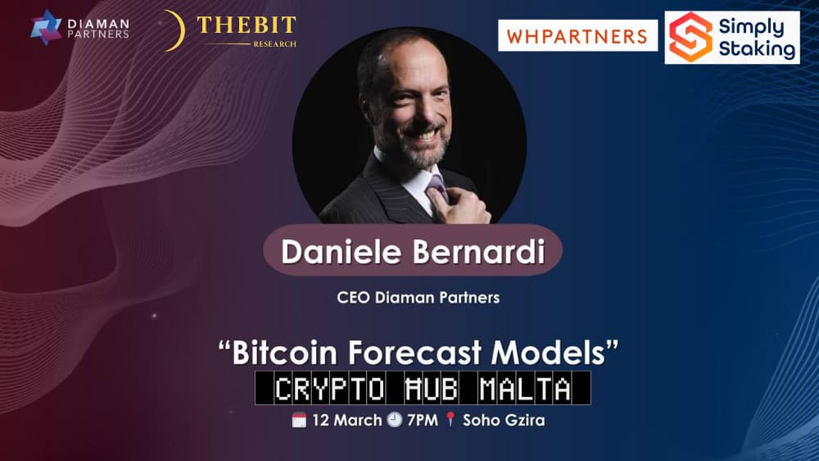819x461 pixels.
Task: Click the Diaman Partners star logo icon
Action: pos(46,26)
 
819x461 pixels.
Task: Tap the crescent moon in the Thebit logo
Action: pos(171,30)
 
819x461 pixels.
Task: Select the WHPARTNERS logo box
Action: pos(577,36)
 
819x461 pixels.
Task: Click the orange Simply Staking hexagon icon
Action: pos(690,37)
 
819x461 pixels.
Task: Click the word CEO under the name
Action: pos(354,298)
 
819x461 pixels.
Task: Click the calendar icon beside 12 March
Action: pos(299,421)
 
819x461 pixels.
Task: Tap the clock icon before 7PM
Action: pos(394,421)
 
